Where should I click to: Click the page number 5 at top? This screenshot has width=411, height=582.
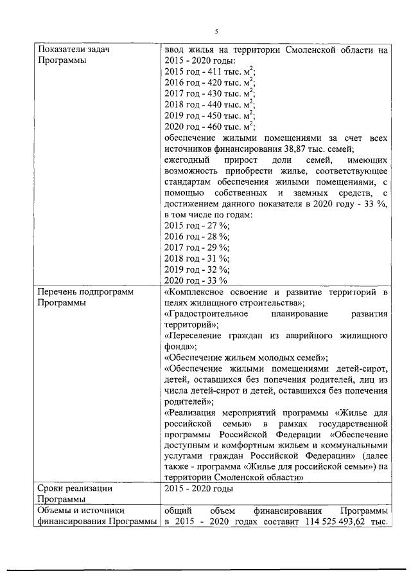point(216,31)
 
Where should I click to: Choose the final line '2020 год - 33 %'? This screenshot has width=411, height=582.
point(196,280)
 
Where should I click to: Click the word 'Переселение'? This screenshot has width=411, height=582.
point(194,336)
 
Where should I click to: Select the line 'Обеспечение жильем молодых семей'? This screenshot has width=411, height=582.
point(247,358)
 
